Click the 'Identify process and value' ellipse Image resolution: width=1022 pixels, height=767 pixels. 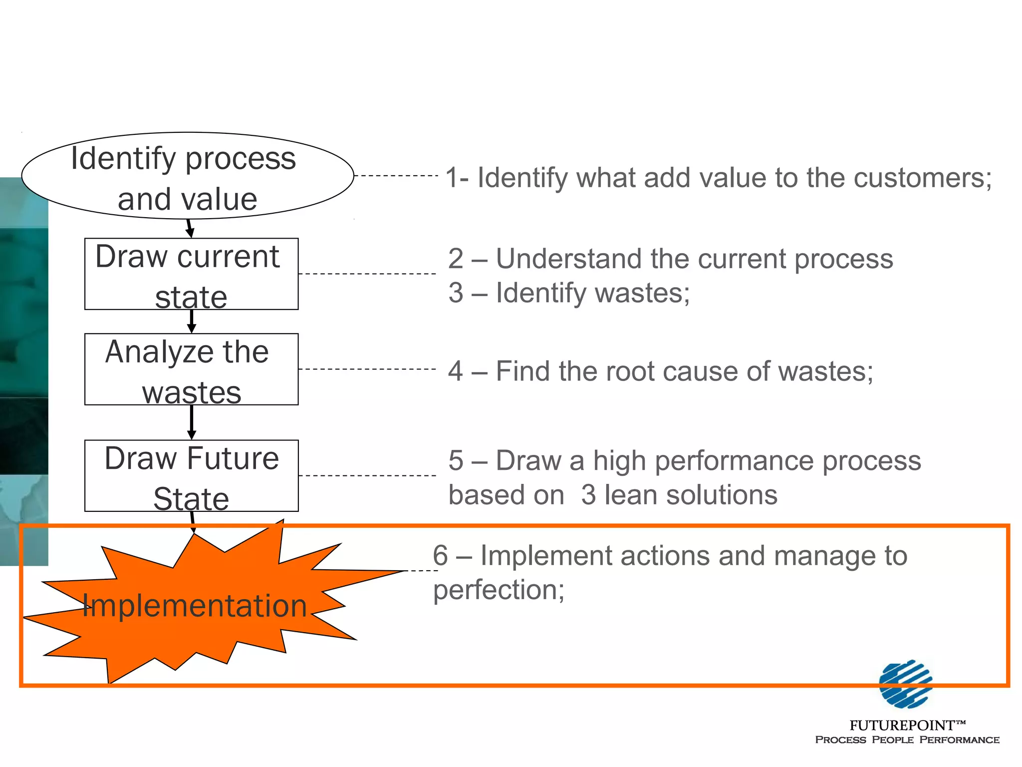coord(188,176)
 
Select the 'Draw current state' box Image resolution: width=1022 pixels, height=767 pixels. coord(191,274)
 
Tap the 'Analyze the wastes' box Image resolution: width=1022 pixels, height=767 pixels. coord(191,370)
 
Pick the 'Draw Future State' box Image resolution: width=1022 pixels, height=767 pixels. coord(191,476)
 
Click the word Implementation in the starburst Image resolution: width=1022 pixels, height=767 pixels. coord(194,606)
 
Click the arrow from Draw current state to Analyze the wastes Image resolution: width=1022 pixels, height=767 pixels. coord(191,322)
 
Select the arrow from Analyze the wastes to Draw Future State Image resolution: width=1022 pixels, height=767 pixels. coord(191,422)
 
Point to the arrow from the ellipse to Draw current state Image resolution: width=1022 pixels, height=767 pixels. coord(189,229)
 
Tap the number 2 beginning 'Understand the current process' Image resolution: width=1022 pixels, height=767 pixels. coord(456,259)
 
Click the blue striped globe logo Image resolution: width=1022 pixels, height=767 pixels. coord(905,684)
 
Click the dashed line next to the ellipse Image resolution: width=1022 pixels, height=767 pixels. coord(395,176)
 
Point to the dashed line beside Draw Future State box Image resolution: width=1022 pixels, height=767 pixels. coord(367,475)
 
